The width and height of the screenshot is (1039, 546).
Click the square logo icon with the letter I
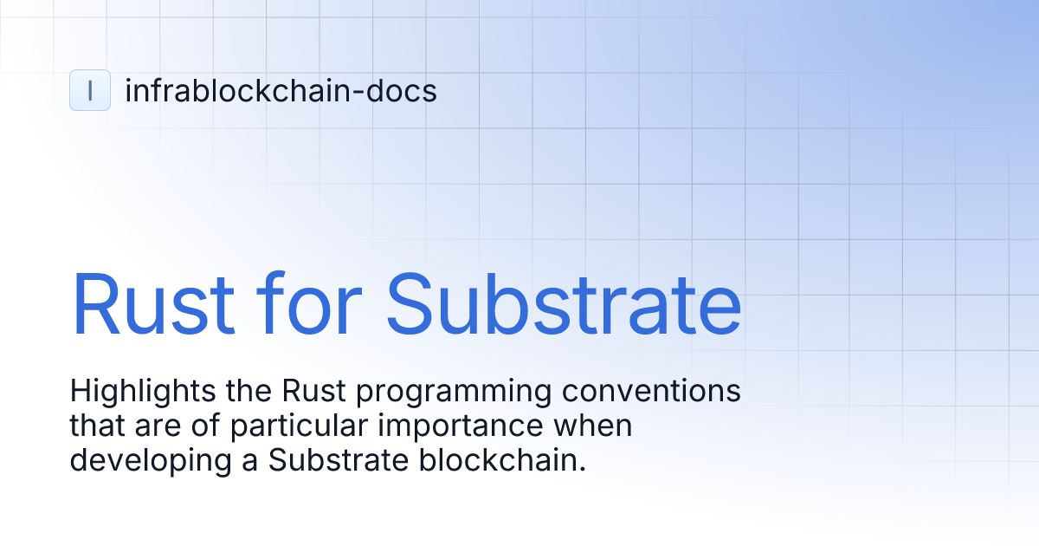pyautogui.click(x=90, y=90)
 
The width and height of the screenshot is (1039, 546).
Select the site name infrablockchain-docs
pyautogui.click(x=281, y=90)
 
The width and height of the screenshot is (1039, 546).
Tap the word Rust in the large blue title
pyautogui.click(x=152, y=304)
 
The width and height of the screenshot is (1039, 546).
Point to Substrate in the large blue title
pyautogui.click(x=564, y=304)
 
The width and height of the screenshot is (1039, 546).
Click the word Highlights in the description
pyautogui.click(x=131, y=392)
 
